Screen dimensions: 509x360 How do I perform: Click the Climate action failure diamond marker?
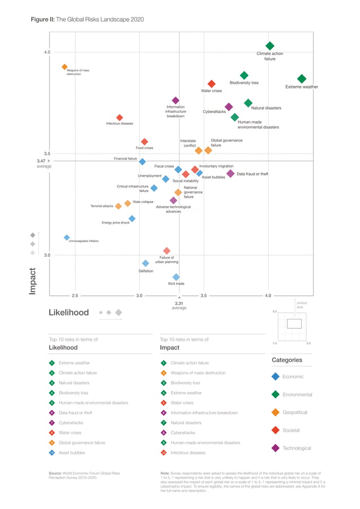(270, 46)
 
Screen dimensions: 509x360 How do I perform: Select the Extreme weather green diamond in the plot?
(302, 79)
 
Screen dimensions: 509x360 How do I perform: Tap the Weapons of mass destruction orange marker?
(64, 67)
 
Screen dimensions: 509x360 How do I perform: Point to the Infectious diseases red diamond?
(120, 117)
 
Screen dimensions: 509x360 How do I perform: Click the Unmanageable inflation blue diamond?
(67, 238)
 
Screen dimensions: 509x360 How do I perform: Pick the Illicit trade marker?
(176, 277)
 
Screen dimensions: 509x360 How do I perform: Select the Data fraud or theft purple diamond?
(230, 174)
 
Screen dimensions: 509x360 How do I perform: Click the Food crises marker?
(144, 142)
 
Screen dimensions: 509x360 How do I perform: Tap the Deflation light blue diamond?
(146, 264)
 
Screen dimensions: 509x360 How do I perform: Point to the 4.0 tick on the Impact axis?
(47, 52)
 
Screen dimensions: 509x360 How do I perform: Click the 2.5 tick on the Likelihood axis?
(75, 295)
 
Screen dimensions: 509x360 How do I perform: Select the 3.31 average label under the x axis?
(179, 305)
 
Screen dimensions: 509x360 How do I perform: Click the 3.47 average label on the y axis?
(44, 163)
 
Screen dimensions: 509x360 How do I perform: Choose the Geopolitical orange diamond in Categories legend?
(275, 413)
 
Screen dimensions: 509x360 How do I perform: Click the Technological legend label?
(297, 448)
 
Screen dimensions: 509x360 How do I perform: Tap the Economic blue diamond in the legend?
(275, 376)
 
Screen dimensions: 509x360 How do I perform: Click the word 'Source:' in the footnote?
(55, 472)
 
